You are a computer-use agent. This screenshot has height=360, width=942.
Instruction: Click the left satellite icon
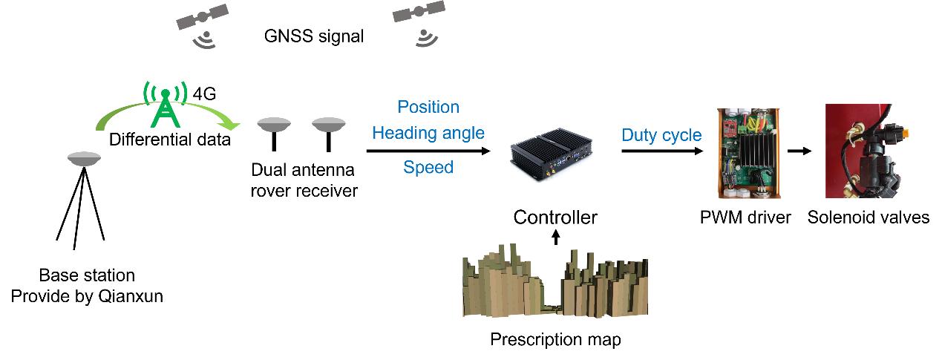coord(202,17)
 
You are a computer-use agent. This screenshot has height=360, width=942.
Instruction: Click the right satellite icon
coord(419,12)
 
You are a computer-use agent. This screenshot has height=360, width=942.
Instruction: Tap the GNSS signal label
coord(314,36)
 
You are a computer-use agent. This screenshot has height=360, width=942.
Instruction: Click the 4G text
coord(204,94)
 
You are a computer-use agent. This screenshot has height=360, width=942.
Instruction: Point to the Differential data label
coord(170,140)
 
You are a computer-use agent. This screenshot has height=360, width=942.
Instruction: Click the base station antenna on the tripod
coord(84,159)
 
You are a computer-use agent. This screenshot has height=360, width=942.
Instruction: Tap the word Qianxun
coord(131,296)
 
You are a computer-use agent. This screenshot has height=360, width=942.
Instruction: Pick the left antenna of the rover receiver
coord(274,134)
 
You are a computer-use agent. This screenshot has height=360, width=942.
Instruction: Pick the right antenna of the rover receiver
coord(329,134)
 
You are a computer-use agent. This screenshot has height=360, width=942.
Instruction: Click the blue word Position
coord(428,107)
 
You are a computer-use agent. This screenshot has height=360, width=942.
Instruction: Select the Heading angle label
coord(428,134)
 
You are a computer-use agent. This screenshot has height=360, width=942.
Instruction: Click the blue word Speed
coord(428,168)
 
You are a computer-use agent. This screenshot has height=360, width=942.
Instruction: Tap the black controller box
coord(552,154)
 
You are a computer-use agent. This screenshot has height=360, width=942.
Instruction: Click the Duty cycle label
coord(661,135)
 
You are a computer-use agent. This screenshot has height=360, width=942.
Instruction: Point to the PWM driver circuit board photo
coord(748,153)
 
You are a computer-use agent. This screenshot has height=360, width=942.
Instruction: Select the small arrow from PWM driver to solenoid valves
coord(799,151)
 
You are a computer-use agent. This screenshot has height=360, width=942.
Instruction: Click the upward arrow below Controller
coord(555,238)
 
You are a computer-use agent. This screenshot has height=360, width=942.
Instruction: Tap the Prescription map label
coord(555,339)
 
